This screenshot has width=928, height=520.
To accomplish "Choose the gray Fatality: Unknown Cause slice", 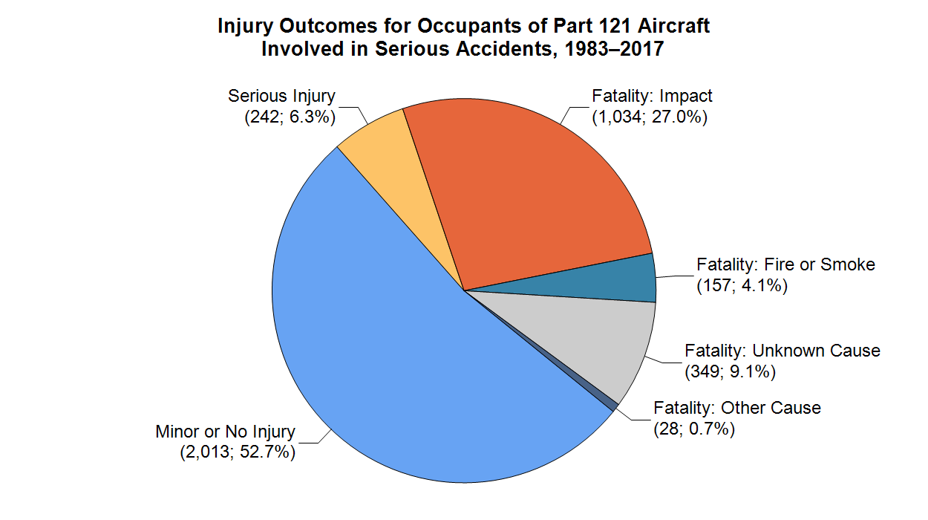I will pos(594,334).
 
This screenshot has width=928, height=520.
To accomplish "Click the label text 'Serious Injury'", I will pos(281,96).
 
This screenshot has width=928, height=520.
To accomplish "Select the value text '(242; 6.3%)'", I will pos(290,117).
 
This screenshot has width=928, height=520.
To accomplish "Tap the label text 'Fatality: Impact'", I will pos(652,96).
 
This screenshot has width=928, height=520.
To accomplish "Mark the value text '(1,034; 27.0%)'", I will pos(649,117).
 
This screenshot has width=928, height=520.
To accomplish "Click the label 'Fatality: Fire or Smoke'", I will pos(785,264).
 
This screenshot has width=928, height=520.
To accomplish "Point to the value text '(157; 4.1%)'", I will pos(742,285).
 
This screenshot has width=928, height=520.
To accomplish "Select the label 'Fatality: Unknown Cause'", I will pos(782,350).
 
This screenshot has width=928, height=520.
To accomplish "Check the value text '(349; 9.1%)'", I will pos(730,371).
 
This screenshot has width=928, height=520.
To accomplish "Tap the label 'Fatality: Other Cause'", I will pos(736,408).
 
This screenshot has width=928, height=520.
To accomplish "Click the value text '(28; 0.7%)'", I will pos(693,429).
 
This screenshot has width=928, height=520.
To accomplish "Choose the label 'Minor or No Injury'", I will pos(225,432).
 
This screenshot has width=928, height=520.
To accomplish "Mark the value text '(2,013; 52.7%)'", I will pos(238,452).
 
